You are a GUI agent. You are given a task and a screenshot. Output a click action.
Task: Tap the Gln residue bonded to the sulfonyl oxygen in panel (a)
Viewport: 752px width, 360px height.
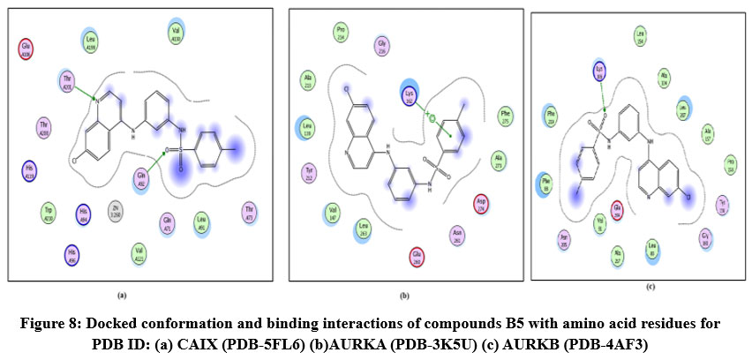[x=140, y=177]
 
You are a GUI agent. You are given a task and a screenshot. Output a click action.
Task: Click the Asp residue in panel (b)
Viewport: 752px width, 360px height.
[x=481, y=203]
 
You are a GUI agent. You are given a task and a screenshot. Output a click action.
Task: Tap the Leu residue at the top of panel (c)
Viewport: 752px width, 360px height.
[x=640, y=38]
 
